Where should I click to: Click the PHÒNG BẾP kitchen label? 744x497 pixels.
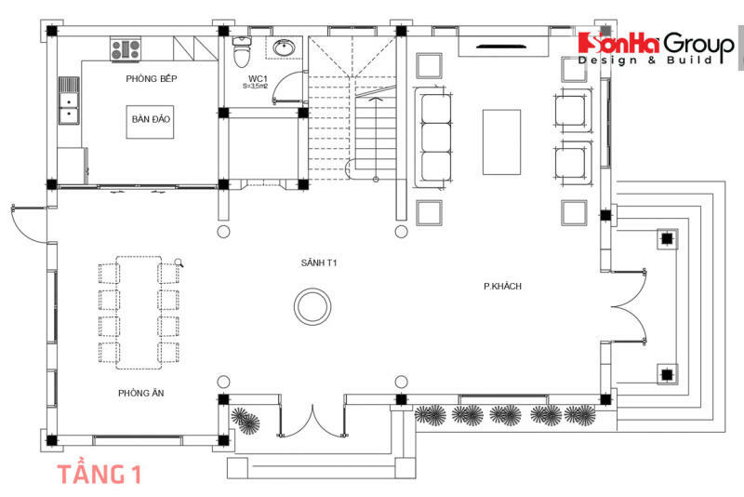151,79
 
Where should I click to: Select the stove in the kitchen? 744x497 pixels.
123,49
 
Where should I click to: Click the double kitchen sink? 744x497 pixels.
69,101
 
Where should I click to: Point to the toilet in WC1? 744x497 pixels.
241,47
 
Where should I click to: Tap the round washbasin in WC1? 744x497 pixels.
285,47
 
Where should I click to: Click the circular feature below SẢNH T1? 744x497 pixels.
311,305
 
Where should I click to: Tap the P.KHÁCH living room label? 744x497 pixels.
502,286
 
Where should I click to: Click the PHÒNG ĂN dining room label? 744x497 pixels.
137,393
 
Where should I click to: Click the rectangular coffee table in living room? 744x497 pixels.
501,141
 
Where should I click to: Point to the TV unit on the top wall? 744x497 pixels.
505,44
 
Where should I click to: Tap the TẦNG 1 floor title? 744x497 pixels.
100,474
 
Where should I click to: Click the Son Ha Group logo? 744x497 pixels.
657,48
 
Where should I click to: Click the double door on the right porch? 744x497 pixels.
631,305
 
